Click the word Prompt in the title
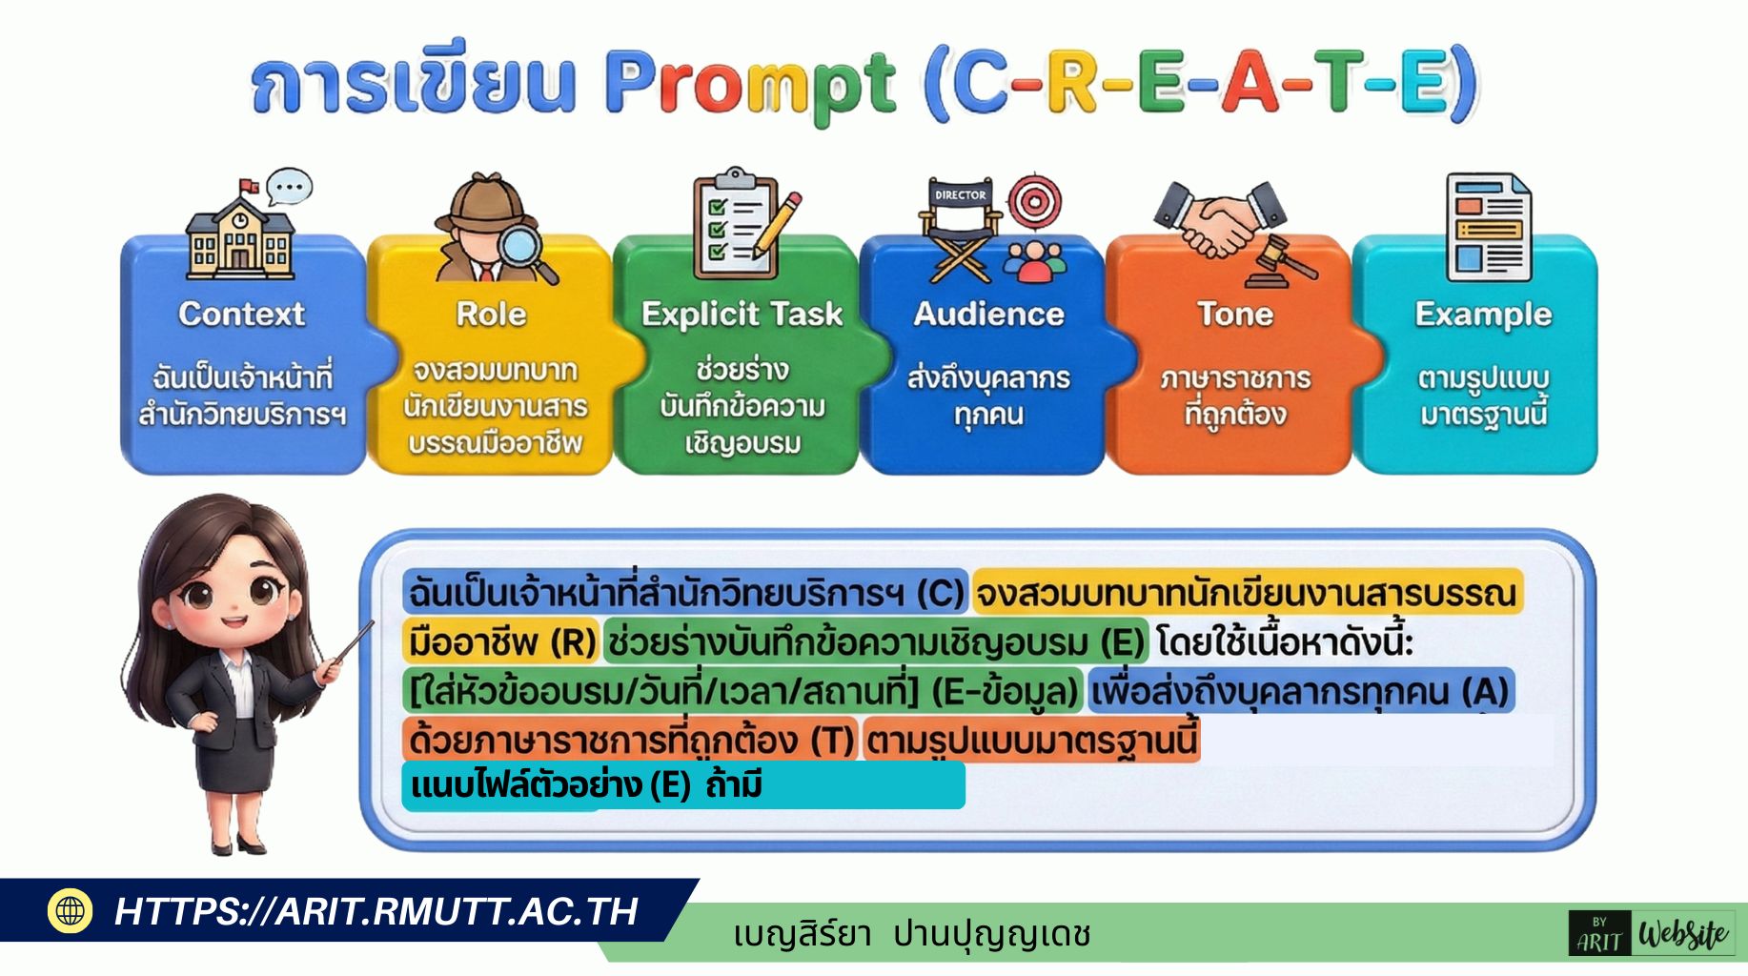click(750, 84)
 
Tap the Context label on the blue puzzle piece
click(241, 314)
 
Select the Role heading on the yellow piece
click(491, 314)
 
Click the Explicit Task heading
click(742, 314)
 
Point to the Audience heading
click(988, 314)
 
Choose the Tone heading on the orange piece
click(1235, 314)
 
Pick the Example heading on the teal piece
click(1483, 315)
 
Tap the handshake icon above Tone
click(1218, 217)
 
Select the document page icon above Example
click(1488, 228)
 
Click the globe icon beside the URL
click(70, 910)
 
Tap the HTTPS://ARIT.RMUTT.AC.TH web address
click(376, 911)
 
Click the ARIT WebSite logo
click(1652, 934)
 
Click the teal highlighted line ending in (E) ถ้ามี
click(682, 785)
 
